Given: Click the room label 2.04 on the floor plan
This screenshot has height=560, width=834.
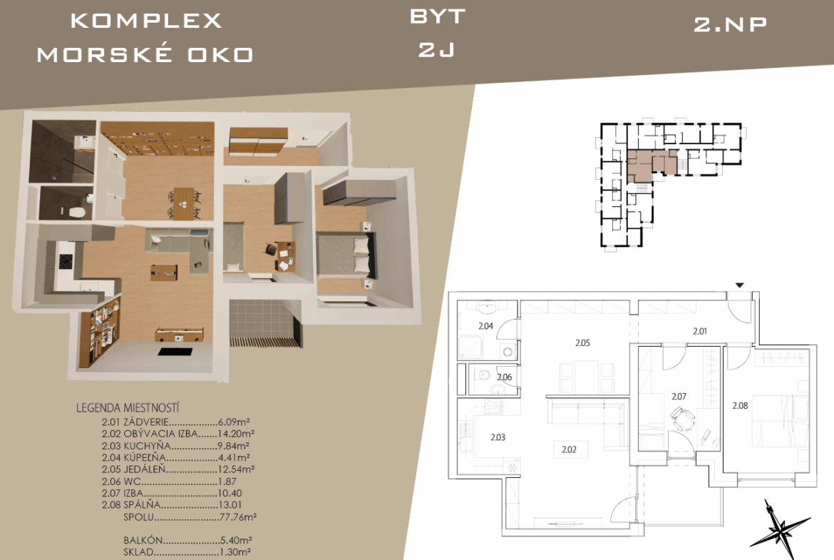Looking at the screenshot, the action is pyautogui.click(x=485, y=326).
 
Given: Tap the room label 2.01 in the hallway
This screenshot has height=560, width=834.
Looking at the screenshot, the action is pyautogui.click(x=700, y=331).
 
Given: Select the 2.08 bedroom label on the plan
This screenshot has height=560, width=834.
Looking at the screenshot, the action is pyautogui.click(x=740, y=406).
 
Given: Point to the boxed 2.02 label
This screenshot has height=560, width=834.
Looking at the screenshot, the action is pyautogui.click(x=569, y=449).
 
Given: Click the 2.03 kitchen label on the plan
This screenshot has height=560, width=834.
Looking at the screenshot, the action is pyautogui.click(x=498, y=437).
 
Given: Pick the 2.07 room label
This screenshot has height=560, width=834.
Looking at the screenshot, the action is pyautogui.click(x=679, y=397).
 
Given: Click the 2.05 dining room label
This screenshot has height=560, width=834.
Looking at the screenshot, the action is pyautogui.click(x=582, y=343).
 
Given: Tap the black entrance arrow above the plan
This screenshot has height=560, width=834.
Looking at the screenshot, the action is pyautogui.click(x=739, y=286).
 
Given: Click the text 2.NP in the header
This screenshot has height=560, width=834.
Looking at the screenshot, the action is pyautogui.click(x=730, y=24).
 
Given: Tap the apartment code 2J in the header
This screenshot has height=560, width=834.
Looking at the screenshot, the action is pyautogui.click(x=436, y=49).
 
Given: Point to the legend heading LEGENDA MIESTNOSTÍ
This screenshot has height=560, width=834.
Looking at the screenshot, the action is pyautogui.click(x=128, y=408).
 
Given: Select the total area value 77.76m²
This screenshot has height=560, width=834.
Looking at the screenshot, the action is pyautogui.click(x=238, y=517).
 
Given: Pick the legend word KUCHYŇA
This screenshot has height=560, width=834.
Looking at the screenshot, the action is pyautogui.click(x=148, y=446).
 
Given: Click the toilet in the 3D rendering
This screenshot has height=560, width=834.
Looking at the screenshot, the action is pyautogui.click(x=78, y=211).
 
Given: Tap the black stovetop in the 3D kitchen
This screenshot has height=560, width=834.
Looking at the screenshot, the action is pyautogui.click(x=66, y=262).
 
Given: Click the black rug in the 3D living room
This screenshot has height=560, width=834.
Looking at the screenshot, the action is pyautogui.click(x=175, y=352).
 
